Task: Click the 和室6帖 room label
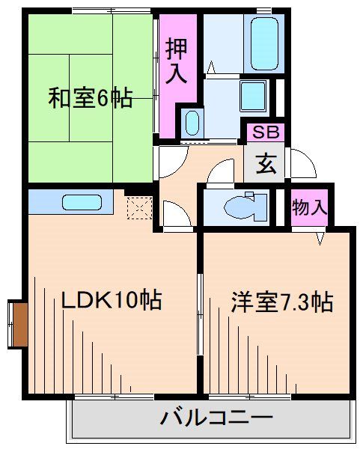91,98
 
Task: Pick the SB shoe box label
263,132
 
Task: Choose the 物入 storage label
310,207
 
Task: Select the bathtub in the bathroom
264,44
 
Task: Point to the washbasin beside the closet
191,122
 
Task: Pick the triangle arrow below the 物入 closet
320,239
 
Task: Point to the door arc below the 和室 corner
171,159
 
